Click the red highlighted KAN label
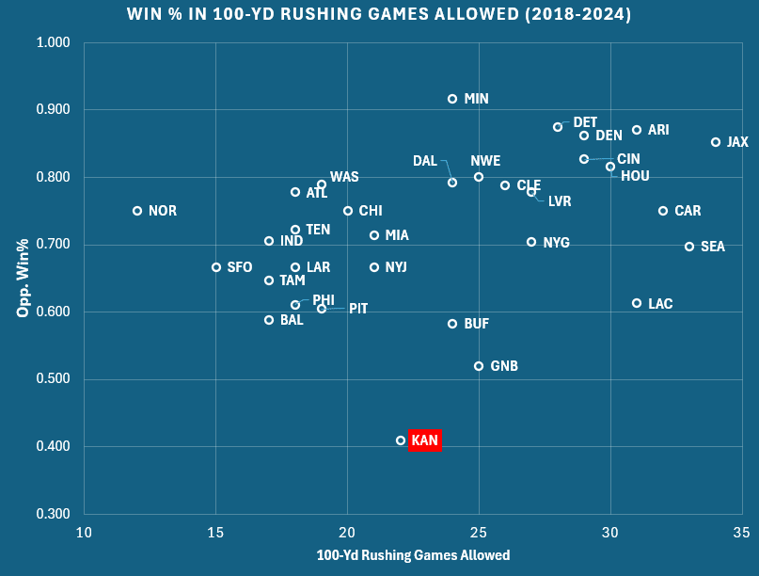424,440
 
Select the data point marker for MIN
452,99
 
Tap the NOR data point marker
137,211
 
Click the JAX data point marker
716,142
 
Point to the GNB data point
479,366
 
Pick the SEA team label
713,247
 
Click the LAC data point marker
637,303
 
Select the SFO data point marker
216,267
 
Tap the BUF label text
477,324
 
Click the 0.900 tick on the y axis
56,110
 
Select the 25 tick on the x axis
479,533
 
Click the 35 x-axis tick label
741,533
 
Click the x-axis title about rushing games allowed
413,555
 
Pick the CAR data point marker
663,211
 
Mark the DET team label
585,122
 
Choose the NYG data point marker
531,242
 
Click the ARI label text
658,130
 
